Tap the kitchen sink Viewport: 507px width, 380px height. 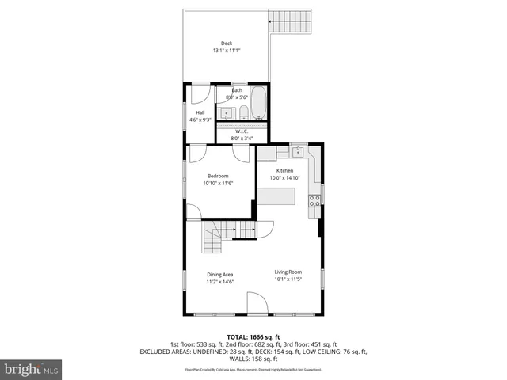pyautogui.click(x=299, y=150)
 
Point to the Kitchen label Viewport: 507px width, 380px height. pyautogui.click(x=284, y=170)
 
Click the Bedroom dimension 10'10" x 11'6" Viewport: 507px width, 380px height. pyautogui.click(x=218, y=183)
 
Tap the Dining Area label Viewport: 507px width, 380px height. pyautogui.click(x=219, y=274)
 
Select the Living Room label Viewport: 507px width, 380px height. pyautogui.click(x=288, y=272)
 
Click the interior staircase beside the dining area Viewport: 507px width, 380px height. pyautogui.click(x=212, y=237)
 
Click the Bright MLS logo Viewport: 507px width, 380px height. pyautogui.click(x=31, y=369)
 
